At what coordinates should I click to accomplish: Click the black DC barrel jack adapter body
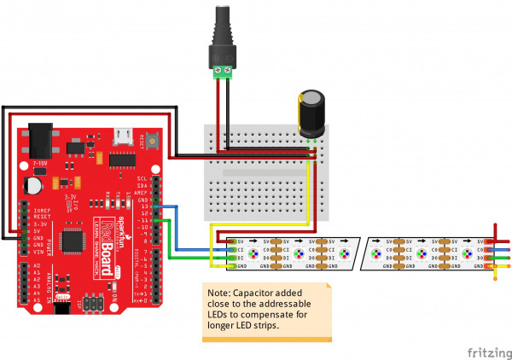coord(222,34)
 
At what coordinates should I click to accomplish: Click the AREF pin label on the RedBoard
coord(143,192)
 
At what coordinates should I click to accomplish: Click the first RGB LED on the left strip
coord(253,253)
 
